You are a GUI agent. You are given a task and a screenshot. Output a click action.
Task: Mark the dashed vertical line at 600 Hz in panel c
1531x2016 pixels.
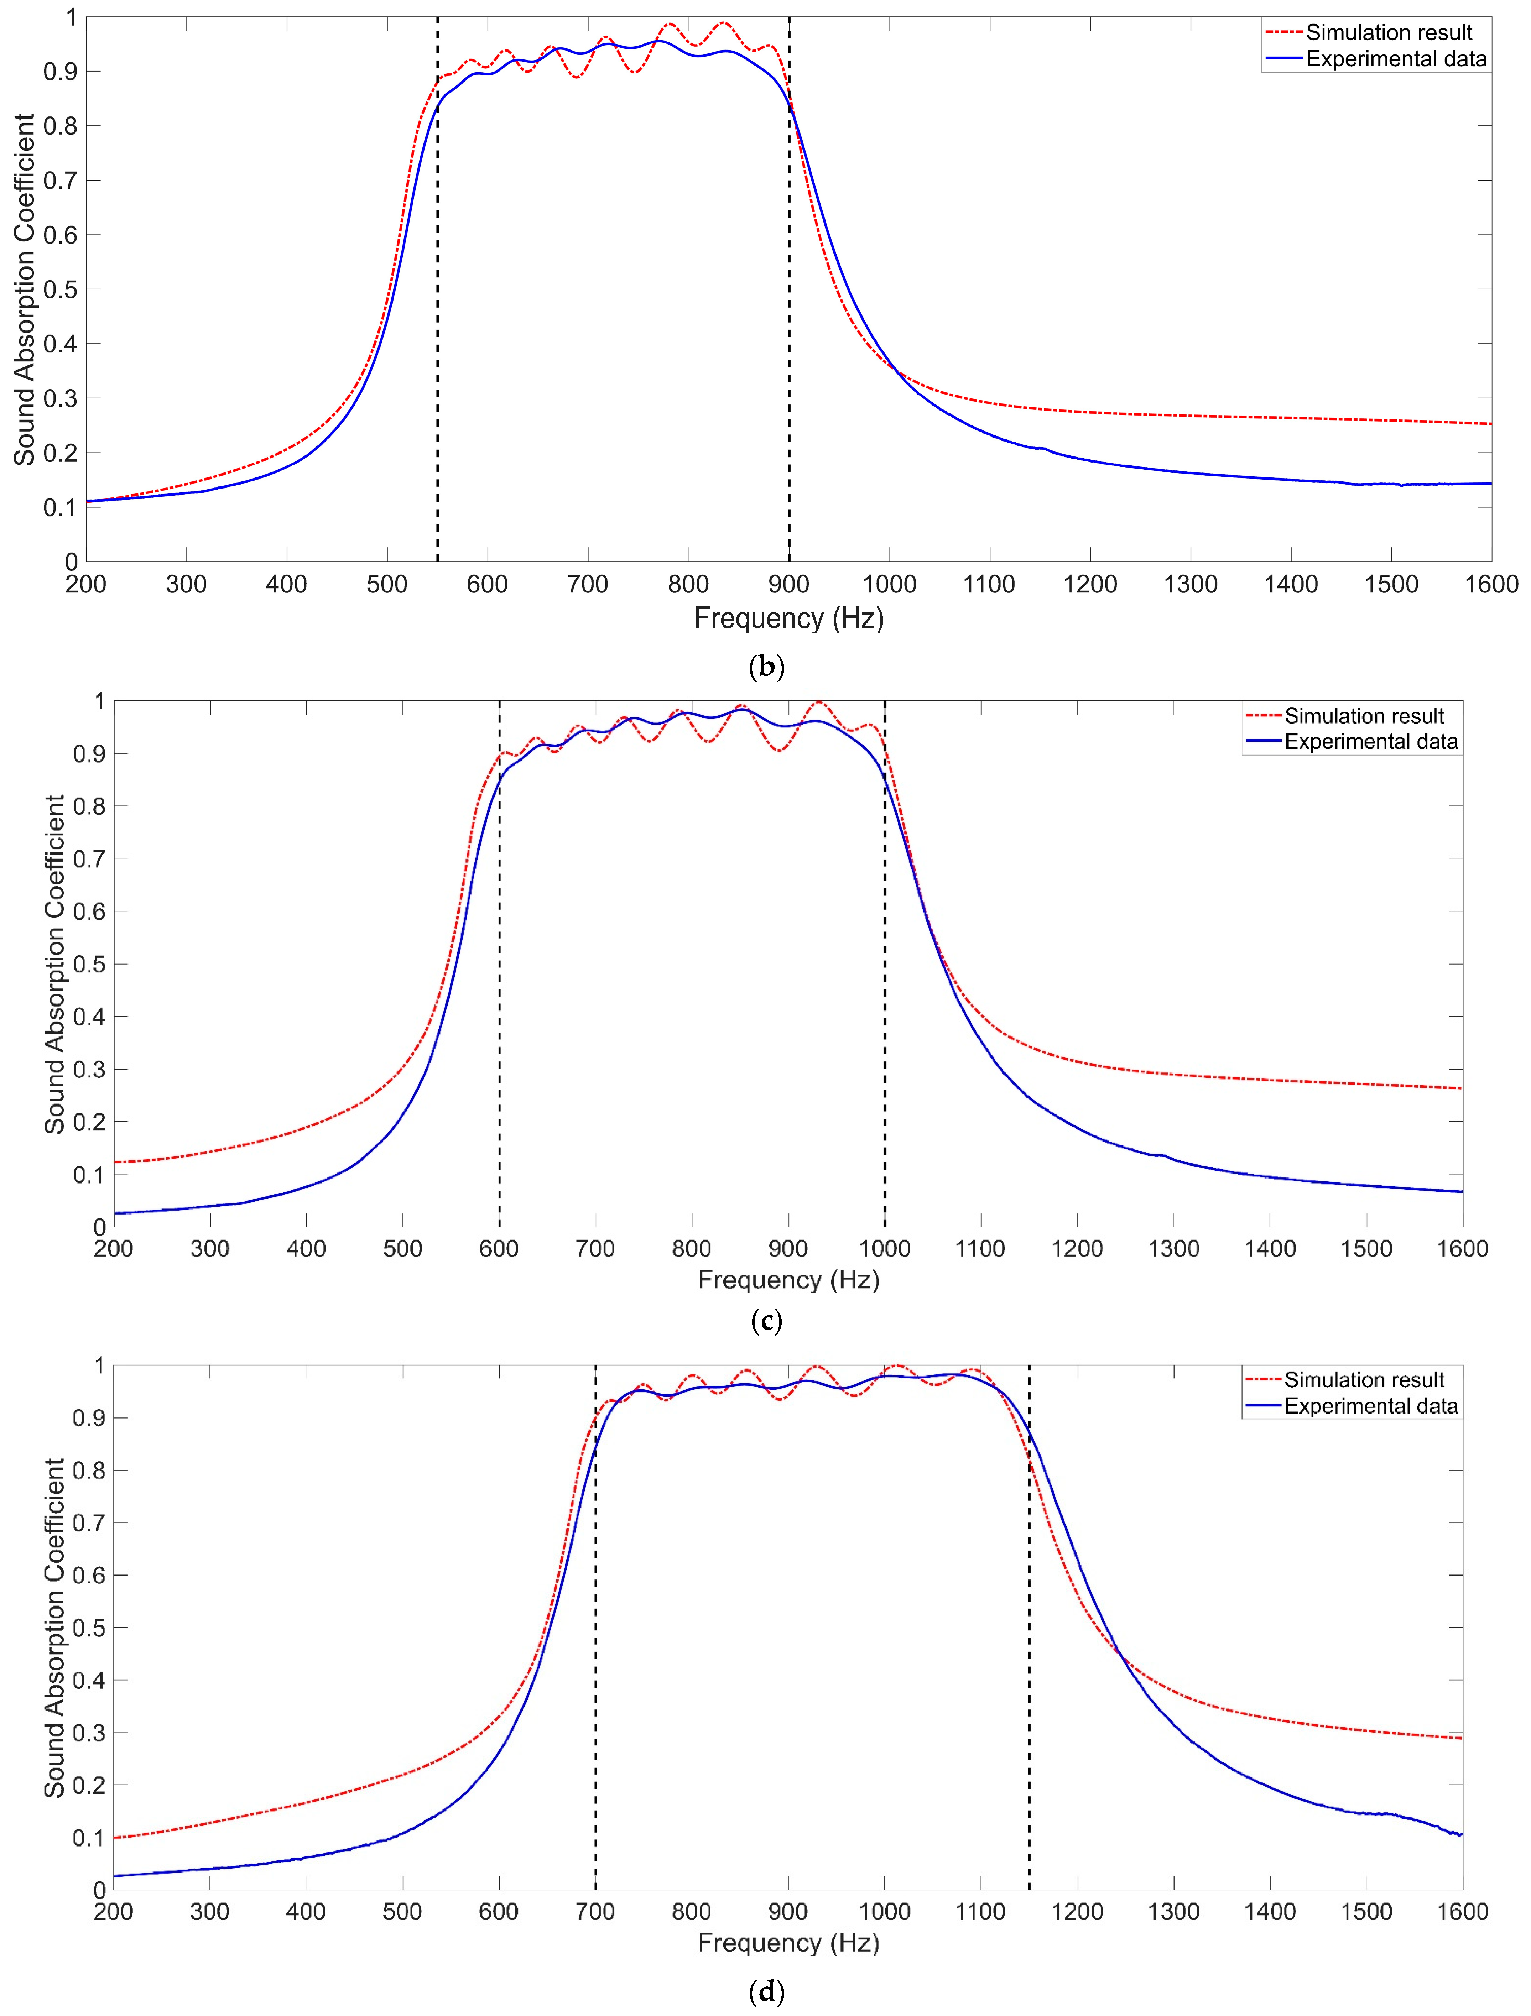click(499, 1003)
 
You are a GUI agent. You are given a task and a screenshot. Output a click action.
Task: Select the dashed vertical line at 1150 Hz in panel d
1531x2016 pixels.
click(1029, 1640)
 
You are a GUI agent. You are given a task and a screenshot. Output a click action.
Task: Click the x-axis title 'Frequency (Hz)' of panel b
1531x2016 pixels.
click(788, 619)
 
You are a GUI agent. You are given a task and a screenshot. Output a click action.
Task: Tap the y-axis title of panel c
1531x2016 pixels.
click(55, 964)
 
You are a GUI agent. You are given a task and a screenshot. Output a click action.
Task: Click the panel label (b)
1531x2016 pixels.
click(766, 667)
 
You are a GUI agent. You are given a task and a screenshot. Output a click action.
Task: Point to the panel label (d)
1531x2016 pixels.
click(766, 1992)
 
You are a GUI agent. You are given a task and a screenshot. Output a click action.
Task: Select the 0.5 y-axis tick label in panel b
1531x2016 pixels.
click(60, 290)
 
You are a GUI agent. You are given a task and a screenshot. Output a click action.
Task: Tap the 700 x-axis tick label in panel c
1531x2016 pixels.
click(595, 1249)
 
